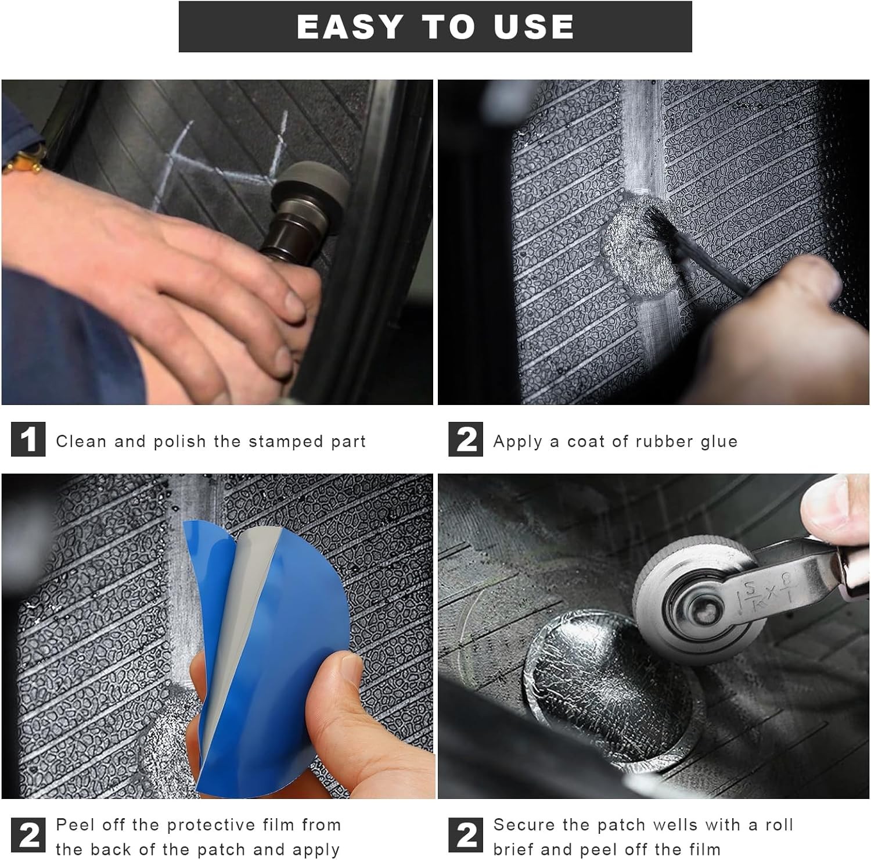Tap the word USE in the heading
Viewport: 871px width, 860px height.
[x=534, y=27]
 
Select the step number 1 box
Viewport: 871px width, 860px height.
[x=28, y=440]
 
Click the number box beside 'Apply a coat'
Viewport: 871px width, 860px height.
[x=465, y=440]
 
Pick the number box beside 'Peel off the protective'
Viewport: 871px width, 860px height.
[x=28, y=836]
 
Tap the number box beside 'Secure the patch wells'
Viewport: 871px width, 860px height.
[x=465, y=836]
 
